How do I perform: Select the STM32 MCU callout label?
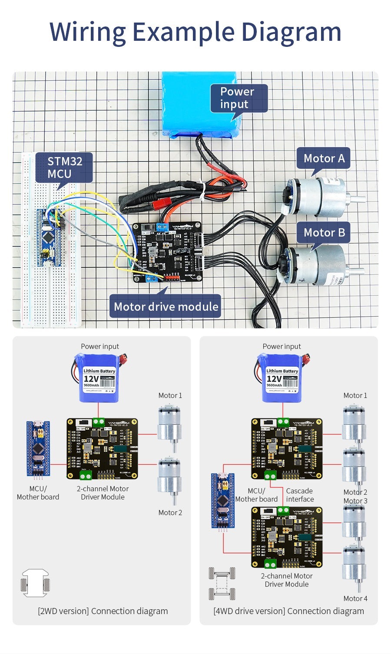(x=64, y=168)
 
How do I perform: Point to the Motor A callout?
(x=324, y=158)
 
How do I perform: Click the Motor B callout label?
(x=324, y=233)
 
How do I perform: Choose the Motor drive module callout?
(x=166, y=306)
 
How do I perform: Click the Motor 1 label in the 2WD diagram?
(x=170, y=395)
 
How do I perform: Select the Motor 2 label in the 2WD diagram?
(x=170, y=513)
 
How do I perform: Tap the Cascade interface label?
(x=300, y=495)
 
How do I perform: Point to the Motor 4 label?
(x=355, y=598)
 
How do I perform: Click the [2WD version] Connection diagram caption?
(x=103, y=611)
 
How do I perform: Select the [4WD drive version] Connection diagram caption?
(x=288, y=611)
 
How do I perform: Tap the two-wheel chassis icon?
(x=35, y=583)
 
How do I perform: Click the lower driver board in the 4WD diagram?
(x=287, y=537)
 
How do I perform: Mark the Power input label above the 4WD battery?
(x=282, y=346)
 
